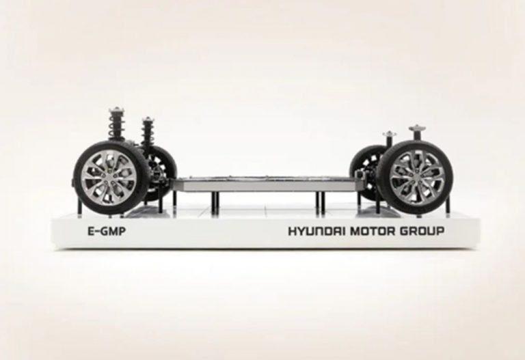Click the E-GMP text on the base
coord(107,231)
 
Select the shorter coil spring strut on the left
coord(148,132)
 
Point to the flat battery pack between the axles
coord(265,184)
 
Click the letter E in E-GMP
coord(91,231)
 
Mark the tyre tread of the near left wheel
coord(78,178)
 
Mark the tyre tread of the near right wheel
coord(448,177)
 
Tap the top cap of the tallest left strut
coord(116,109)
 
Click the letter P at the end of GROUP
coord(441,231)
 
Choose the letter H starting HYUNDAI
coord(293,231)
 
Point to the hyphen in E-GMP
coord(98,232)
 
